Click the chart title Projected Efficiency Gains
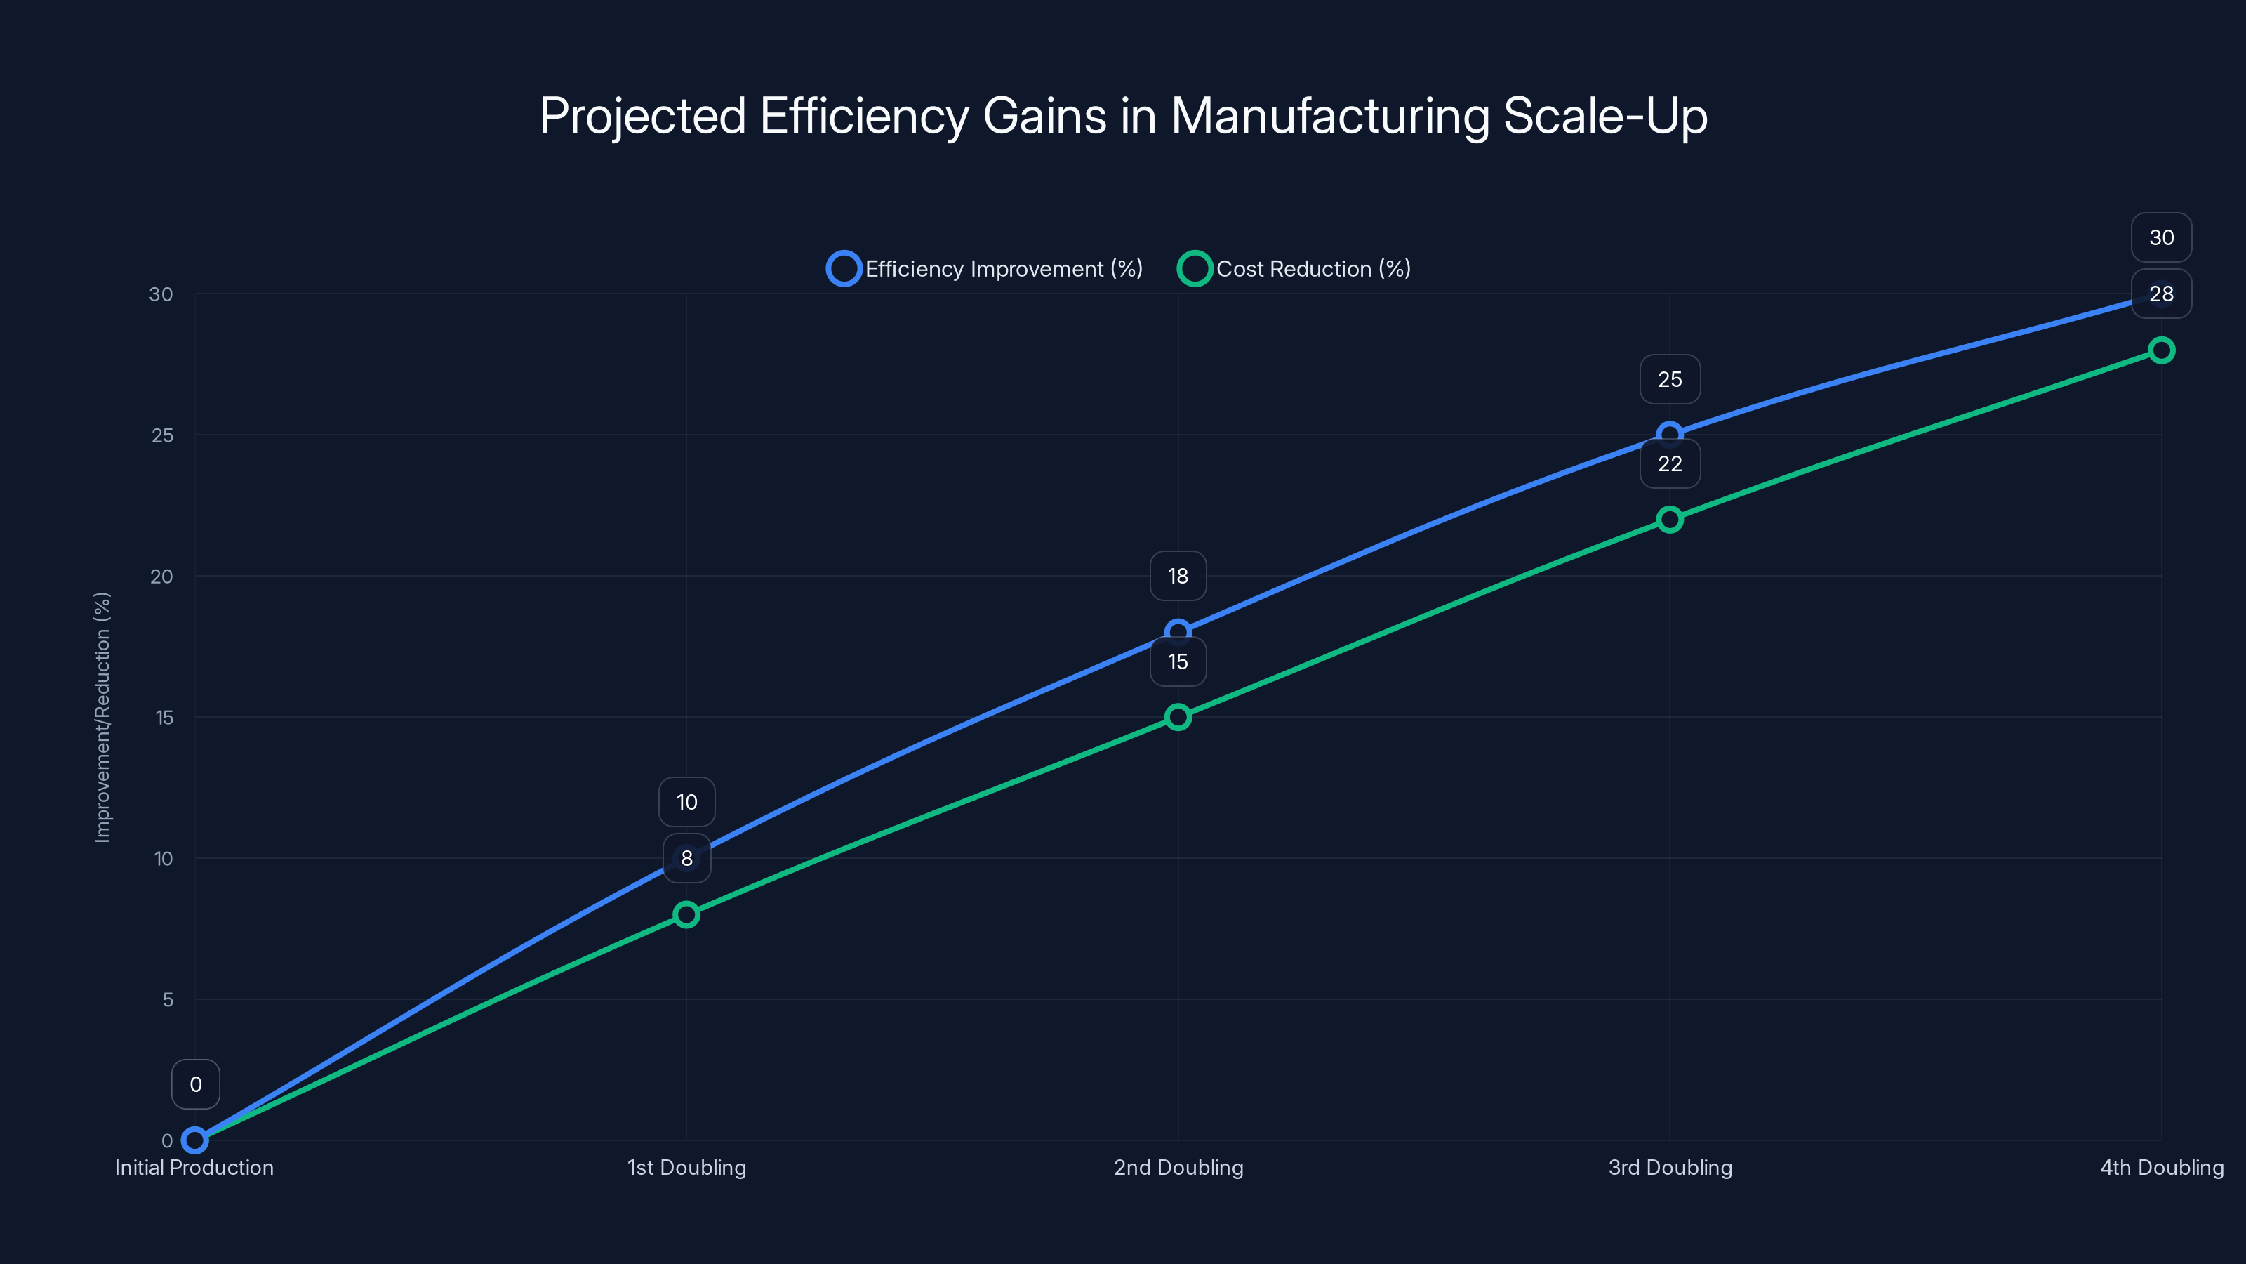pos(1123,116)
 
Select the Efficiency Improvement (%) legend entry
pos(985,269)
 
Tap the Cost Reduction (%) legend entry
pos(1295,269)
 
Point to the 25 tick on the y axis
pos(162,435)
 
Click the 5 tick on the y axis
pos(168,1000)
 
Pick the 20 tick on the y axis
pos(162,577)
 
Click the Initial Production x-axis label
pos(194,1167)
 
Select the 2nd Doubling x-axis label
pos(1178,1167)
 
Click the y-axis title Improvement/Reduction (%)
pos(103,717)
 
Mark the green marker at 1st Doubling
pos(686,914)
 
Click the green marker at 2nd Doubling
pos(1178,717)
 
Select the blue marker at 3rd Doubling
pos(1670,435)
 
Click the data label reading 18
pos(1178,576)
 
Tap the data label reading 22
pos(1670,464)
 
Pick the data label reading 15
pos(1178,661)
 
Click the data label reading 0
pos(195,1084)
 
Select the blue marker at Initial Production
pos(194,1140)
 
